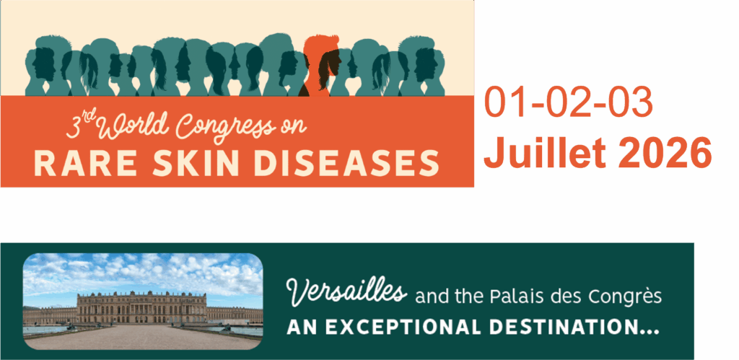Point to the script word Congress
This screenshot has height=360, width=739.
225,126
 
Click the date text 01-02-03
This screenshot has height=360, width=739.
569,103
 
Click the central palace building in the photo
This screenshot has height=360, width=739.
141,307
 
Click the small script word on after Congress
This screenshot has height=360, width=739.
294,127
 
